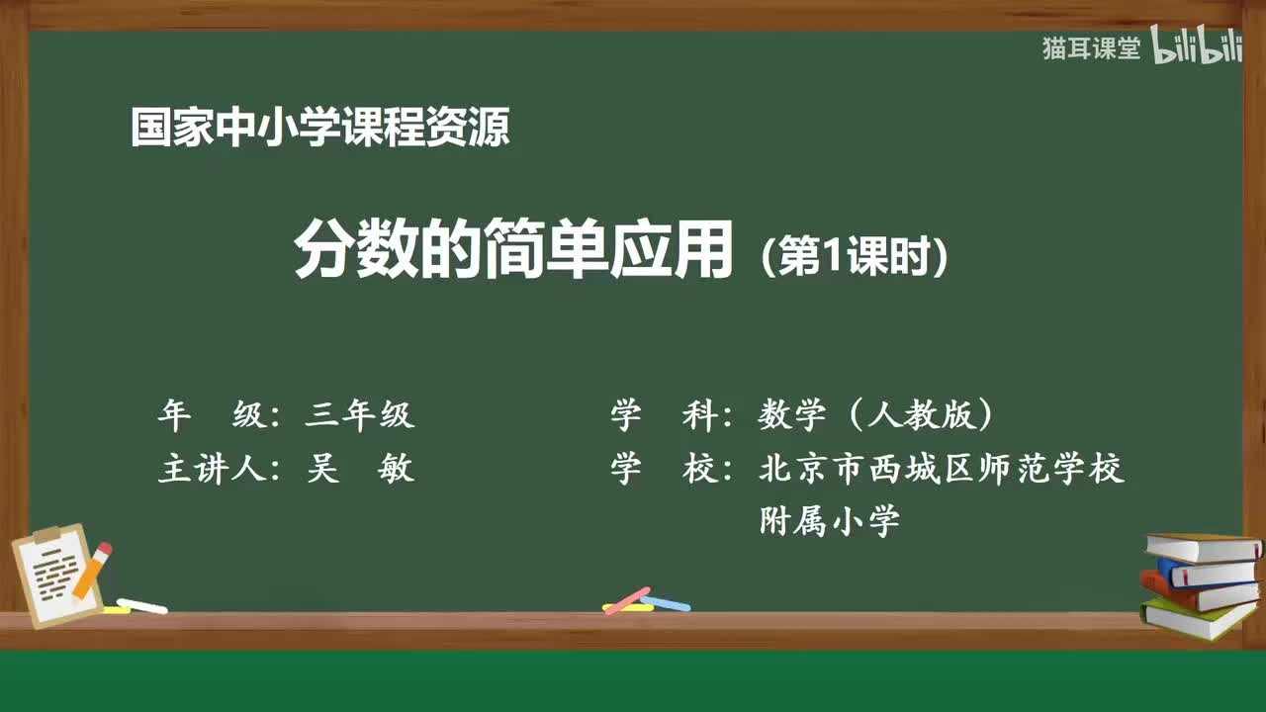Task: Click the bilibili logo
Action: point(1197,47)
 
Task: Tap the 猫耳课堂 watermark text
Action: point(1091,48)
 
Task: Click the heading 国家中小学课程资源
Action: point(319,128)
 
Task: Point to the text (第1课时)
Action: point(855,258)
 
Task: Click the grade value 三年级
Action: point(360,415)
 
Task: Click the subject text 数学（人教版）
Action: point(875,415)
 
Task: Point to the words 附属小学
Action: point(829,520)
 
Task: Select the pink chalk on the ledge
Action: point(626,600)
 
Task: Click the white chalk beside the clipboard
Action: point(141,605)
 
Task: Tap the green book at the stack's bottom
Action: point(1197,619)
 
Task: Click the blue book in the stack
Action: point(1207,572)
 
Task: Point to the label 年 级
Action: point(213,415)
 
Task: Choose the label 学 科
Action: point(667,415)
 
